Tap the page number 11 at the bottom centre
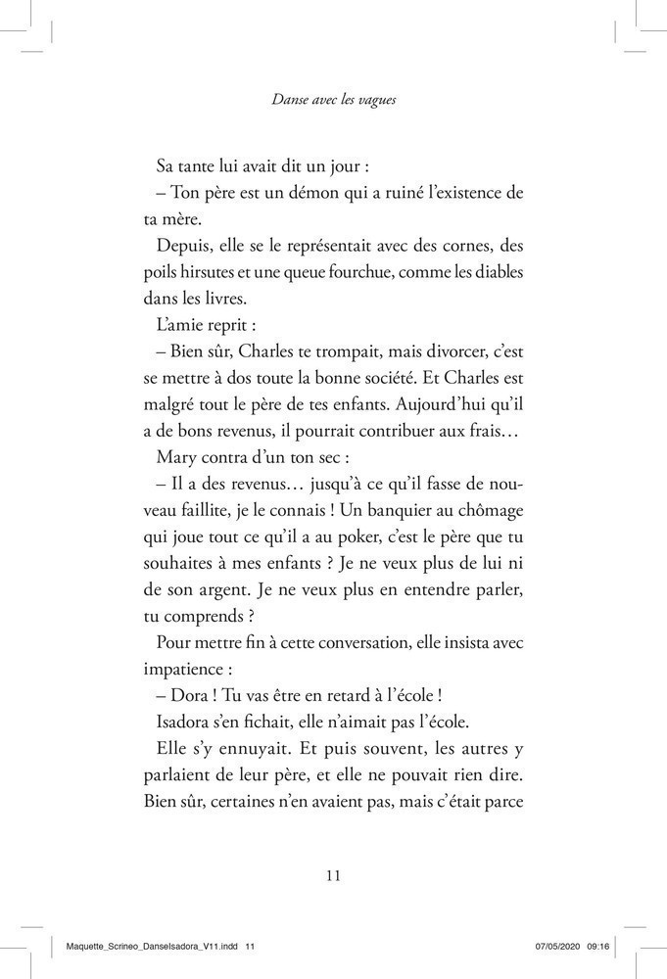coord(332,875)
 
